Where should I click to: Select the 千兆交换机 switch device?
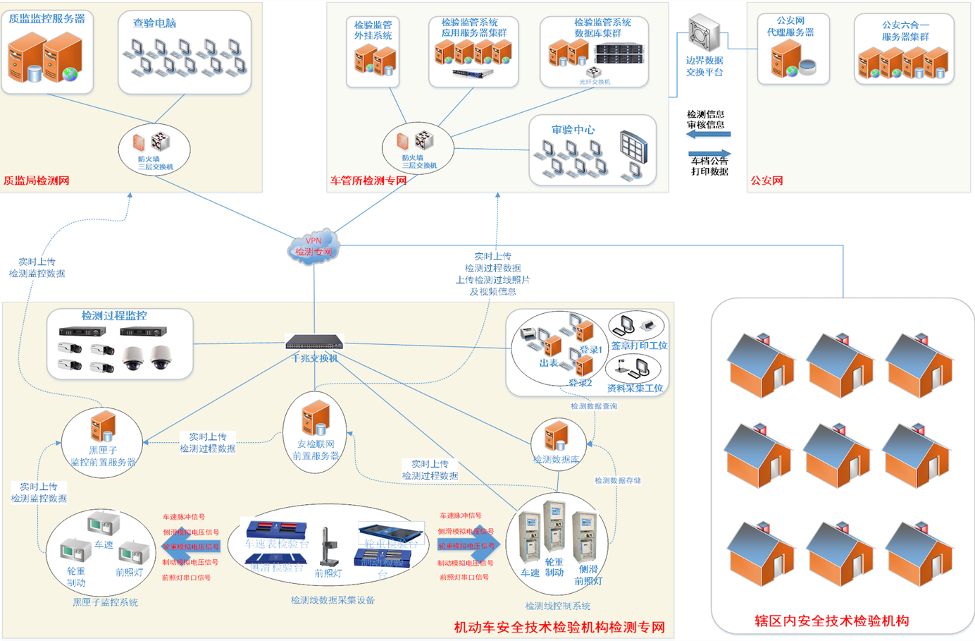(314, 343)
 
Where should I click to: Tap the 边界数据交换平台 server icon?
(704, 32)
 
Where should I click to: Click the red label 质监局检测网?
(37, 181)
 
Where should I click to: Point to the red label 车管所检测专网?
(368, 181)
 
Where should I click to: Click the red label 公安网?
(766, 181)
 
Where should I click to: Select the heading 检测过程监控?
(114, 316)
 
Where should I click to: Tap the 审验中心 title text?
(573, 130)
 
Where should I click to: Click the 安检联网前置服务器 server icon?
(315, 419)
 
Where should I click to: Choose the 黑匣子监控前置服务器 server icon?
(103, 427)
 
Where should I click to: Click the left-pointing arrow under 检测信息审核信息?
(708, 134)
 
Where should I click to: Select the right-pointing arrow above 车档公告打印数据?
(709, 153)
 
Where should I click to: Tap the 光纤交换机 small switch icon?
(594, 72)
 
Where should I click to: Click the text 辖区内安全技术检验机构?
(831, 621)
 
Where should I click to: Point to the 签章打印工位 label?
(639, 346)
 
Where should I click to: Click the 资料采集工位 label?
(635, 388)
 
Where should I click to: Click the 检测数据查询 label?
(593, 406)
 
